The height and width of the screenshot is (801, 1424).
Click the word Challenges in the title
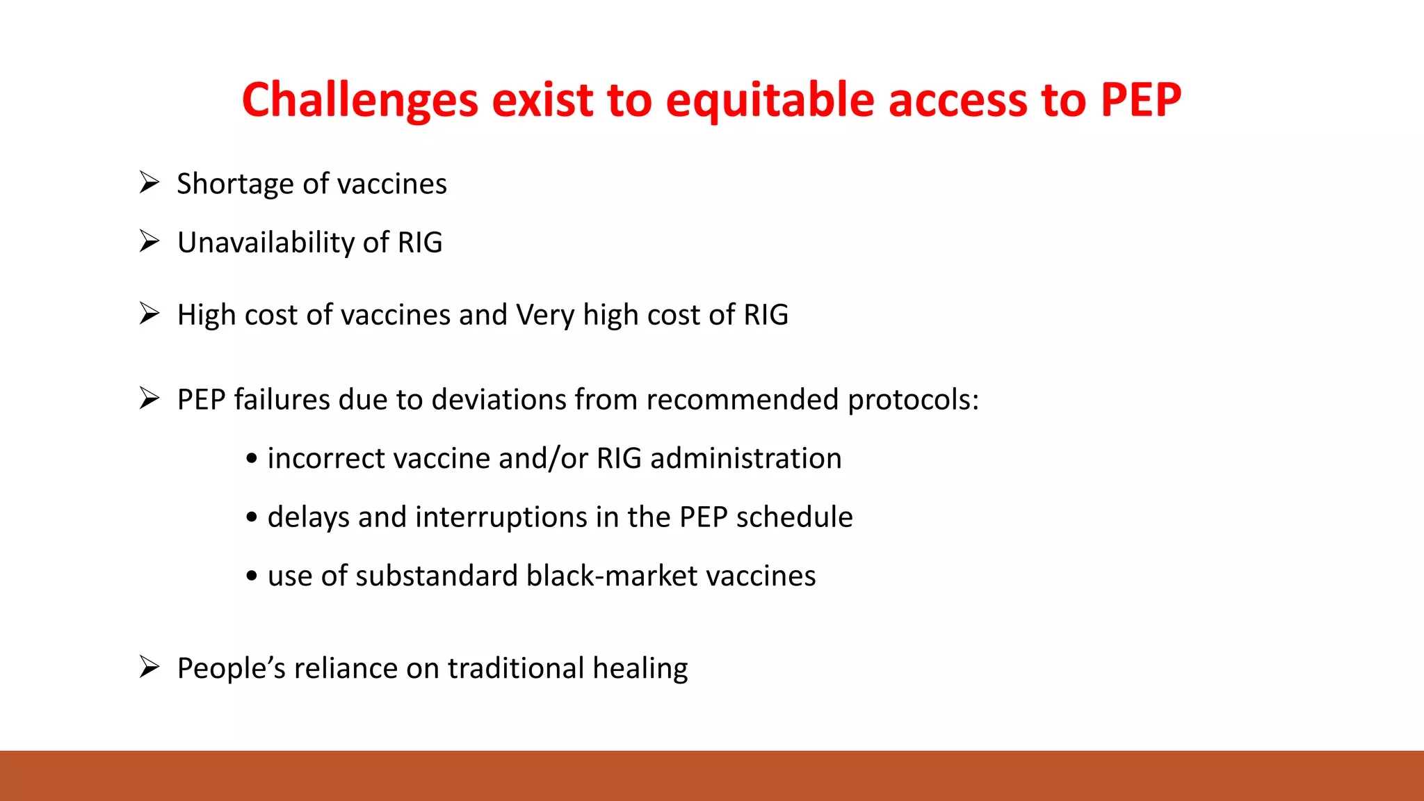(359, 99)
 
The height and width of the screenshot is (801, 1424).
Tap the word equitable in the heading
(769, 99)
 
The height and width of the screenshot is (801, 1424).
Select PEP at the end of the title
(1140, 99)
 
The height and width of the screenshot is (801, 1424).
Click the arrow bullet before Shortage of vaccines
(149, 182)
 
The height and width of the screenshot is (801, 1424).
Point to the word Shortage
(235, 184)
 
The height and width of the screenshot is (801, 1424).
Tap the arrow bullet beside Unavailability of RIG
(149, 241)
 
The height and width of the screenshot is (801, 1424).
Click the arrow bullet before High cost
(149, 314)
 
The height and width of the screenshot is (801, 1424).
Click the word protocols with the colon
(913, 400)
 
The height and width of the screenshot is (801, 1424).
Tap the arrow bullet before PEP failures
(149, 398)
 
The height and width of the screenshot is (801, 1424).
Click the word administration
(745, 459)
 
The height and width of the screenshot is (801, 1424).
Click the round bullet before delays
(252, 517)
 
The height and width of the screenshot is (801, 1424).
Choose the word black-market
(611, 576)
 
